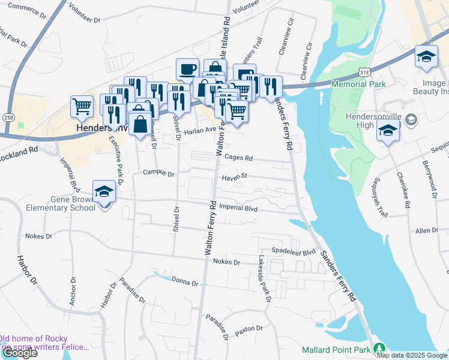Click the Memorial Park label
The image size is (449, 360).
pos(358,85)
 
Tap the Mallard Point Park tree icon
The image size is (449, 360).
pos(379,348)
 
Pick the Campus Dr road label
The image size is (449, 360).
pos(158,174)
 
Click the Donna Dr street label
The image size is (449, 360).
pos(184,281)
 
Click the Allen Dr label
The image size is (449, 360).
pos(427,230)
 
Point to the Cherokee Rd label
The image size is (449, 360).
pos(403,191)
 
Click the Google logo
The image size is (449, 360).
pos(19,353)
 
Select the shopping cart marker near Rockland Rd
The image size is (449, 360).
pos(82,107)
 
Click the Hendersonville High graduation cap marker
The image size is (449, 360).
pos(388,131)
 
